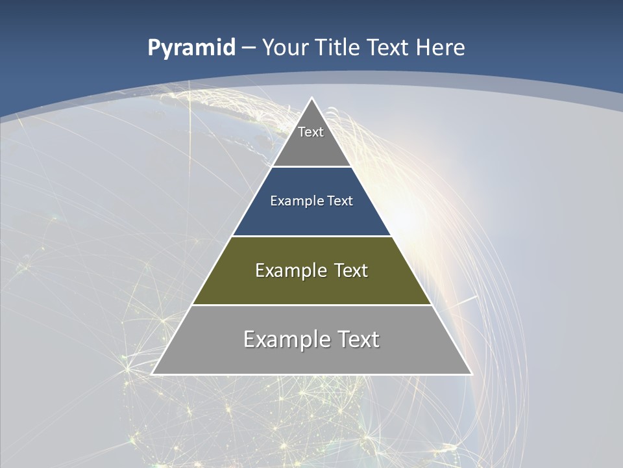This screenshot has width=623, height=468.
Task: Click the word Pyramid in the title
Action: [x=191, y=48]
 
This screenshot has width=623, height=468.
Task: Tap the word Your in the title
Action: [x=285, y=48]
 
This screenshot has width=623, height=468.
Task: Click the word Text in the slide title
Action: [x=388, y=48]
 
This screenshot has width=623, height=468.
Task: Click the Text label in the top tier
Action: [x=311, y=132]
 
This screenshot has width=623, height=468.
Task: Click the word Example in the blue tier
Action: [x=293, y=201]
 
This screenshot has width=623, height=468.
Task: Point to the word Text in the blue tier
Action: [x=340, y=201]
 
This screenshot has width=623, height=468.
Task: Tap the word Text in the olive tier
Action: [x=350, y=270]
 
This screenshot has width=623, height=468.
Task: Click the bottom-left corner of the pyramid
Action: [x=153, y=374]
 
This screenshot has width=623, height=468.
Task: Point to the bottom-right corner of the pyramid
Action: [x=471, y=374]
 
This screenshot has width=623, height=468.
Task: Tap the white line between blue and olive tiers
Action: [x=311, y=236]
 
